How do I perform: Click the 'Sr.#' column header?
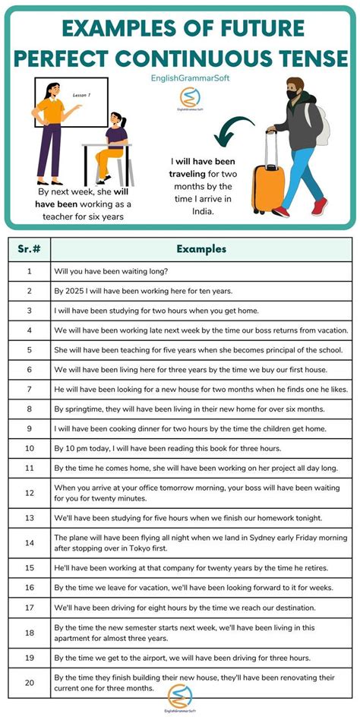point(29,249)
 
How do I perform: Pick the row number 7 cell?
point(29,389)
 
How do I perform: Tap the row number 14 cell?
point(29,543)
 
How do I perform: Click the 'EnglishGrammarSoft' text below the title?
point(179,77)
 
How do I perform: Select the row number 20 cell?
point(29,683)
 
